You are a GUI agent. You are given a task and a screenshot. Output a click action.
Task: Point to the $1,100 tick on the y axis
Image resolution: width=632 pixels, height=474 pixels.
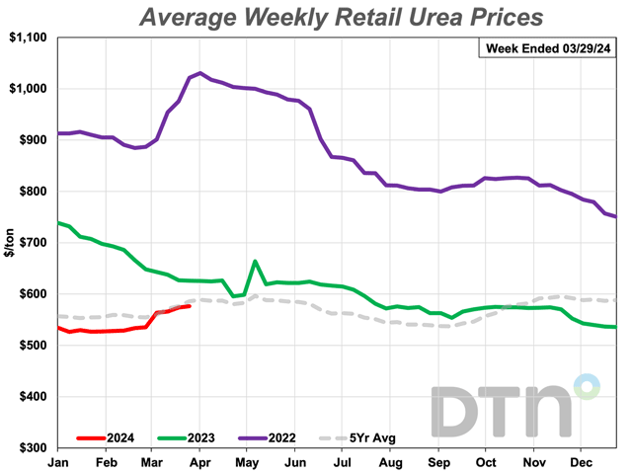pyautogui.click(x=29, y=37)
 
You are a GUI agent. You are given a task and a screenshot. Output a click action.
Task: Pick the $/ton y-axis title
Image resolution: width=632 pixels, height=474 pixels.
pyautogui.click(x=9, y=242)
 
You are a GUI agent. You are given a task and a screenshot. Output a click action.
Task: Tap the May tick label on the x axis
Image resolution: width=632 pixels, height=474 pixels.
pyautogui.click(x=247, y=462)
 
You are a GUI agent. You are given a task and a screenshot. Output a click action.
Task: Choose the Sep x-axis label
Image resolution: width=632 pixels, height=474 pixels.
pyautogui.click(x=438, y=462)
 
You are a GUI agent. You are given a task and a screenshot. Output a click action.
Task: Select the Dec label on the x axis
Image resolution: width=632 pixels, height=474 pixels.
pyautogui.click(x=582, y=462)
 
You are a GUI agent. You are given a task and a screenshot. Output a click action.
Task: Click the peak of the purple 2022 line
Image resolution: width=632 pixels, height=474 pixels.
pyautogui.click(x=200, y=72)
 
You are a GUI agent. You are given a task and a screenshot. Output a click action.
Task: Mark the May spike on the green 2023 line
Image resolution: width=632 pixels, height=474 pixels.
pyautogui.click(x=255, y=262)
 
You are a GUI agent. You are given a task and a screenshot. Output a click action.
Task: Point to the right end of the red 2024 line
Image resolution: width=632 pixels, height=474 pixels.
pyautogui.click(x=190, y=306)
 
